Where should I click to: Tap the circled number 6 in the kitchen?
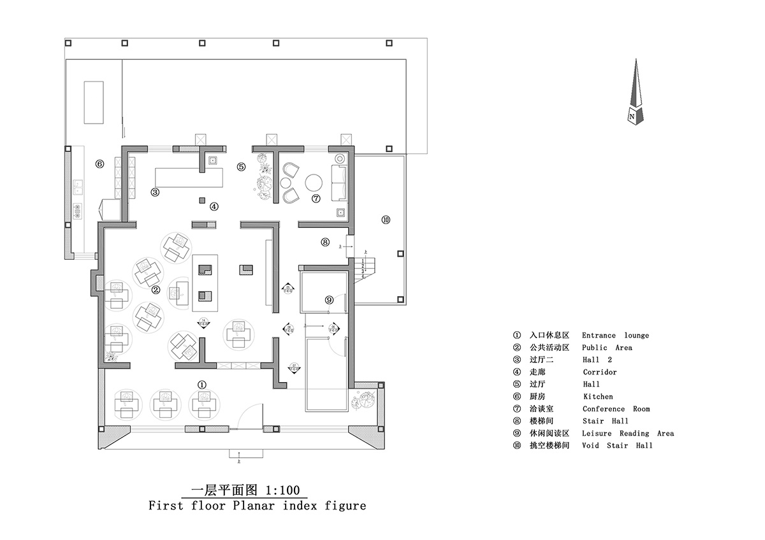click(x=99, y=164)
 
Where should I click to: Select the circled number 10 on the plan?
click(x=385, y=220)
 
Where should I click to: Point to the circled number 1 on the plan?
click(x=201, y=384)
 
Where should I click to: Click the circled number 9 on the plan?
click(x=329, y=299)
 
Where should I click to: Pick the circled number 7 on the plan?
click(x=315, y=199)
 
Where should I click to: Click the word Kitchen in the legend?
click(x=597, y=397)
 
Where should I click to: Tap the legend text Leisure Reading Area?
click(x=627, y=434)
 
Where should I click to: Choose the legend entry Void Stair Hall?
click(x=617, y=446)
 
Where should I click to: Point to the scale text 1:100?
click(x=284, y=490)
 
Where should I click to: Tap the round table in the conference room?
click(x=314, y=183)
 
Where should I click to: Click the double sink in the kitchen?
click(x=80, y=187)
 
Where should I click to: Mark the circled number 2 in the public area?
click(x=156, y=289)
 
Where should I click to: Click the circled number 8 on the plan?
click(x=324, y=242)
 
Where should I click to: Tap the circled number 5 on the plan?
click(x=241, y=167)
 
